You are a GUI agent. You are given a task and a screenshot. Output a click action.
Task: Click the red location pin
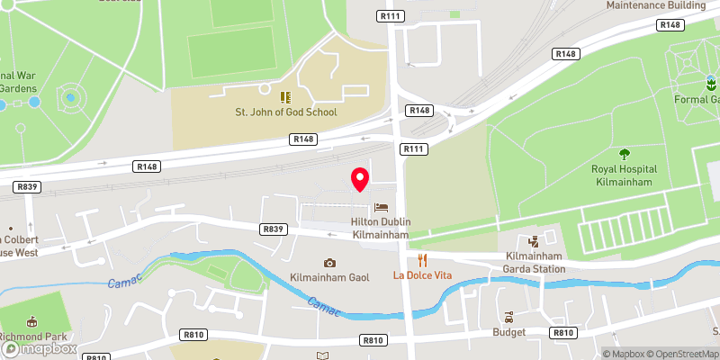[360, 178]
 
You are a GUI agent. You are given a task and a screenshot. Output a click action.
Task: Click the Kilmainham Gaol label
[329, 278]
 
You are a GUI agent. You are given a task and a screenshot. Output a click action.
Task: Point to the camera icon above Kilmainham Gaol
[329, 262]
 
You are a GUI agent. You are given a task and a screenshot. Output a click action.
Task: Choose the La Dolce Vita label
[421, 274]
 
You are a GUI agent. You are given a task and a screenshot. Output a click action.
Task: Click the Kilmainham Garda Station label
[534, 262]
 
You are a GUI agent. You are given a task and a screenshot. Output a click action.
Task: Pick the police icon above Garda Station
[534, 240]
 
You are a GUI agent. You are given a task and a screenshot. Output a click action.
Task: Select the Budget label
[508, 332]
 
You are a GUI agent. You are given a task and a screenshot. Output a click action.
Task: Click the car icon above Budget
[508, 317]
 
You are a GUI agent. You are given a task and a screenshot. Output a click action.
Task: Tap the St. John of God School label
[285, 112]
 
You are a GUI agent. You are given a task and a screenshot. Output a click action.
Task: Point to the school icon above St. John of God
[284, 96]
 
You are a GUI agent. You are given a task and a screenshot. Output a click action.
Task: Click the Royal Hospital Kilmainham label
[624, 175]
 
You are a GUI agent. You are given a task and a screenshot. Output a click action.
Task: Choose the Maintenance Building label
[656, 4]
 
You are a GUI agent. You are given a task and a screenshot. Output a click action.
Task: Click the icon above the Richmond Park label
[33, 322]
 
